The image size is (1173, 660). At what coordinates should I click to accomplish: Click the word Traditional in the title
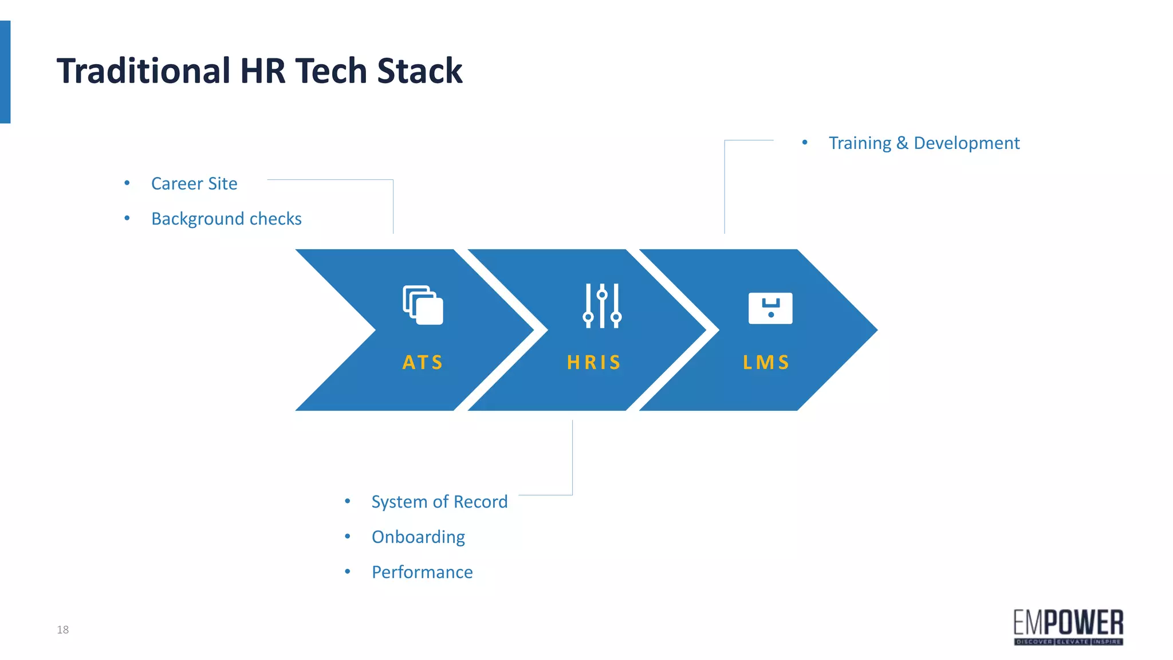[x=143, y=71]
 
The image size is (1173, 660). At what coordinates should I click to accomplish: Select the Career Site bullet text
[x=194, y=183]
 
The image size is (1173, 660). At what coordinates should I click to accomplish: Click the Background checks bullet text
[x=226, y=219]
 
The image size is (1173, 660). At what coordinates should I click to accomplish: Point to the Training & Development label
[x=924, y=143]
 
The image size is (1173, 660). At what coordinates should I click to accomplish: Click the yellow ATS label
[x=423, y=362]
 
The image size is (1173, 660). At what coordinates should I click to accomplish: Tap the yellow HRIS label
[x=594, y=362]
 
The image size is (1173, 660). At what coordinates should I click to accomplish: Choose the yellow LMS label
[x=766, y=362]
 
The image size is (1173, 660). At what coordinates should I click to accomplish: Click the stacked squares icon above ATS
[x=423, y=305]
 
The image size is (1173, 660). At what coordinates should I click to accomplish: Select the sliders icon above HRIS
[x=602, y=306]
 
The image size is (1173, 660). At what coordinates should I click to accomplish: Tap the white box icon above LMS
[x=770, y=308]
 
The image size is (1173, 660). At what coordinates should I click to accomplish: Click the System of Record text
[x=439, y=502]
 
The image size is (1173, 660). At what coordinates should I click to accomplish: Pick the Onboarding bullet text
[x=418, y=537]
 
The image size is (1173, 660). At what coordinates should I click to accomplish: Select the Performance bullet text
[x=422, y=572]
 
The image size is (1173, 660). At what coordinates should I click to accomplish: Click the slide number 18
[x=62, y=630]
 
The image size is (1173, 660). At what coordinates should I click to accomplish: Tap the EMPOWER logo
[x=1068, y=627]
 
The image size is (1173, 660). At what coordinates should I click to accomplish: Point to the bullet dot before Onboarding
[x=348, y=536]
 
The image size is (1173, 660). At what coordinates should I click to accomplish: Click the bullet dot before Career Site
[x=127, y=183]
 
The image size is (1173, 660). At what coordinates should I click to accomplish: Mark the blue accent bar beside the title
[x=5, y=72]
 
